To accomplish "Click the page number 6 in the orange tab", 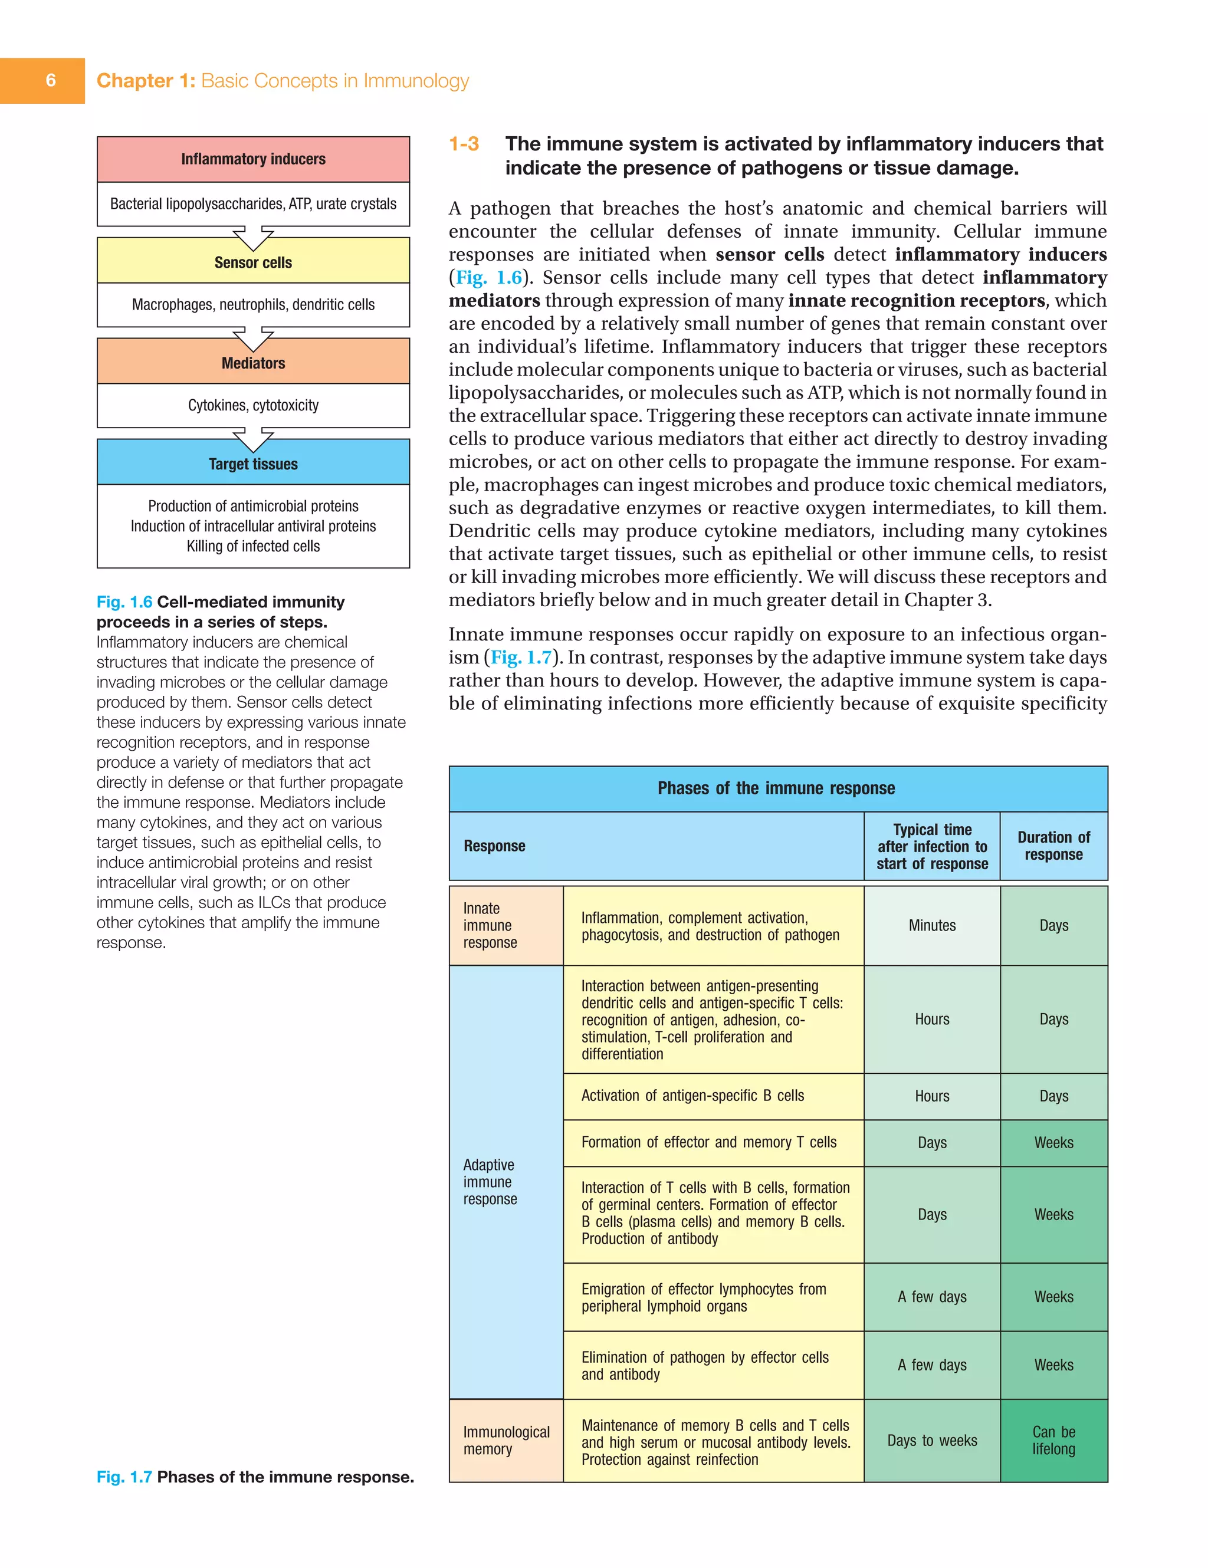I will click(50, 80).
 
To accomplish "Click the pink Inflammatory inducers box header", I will click(253, 159).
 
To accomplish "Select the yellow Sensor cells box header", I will click(253, 262).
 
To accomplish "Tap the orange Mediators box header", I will click(253, 363).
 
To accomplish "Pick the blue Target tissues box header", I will click(253, 464).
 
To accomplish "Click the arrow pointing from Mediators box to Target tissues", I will click(253, 437).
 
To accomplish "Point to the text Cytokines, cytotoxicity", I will click(253, 405).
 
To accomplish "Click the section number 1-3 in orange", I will click(464, 144).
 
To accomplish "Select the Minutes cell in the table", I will click(931, 925).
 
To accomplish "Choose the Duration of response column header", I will click(1053, 846).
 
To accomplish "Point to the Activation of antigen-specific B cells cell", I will click(692, 1096).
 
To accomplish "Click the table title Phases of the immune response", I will click(776, 788).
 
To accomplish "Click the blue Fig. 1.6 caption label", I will click(124, 601).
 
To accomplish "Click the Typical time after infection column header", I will click(931, 846).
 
